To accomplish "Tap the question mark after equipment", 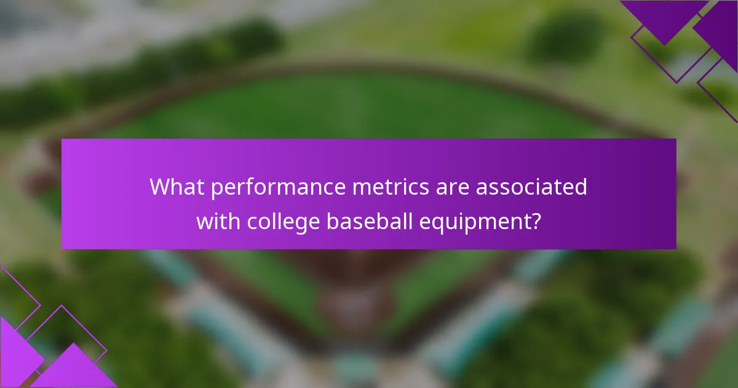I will pyautogui.click(x=536, y=221).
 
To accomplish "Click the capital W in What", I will pyautogui.click(x=159, y=187).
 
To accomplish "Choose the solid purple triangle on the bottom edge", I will pyautogui.click(x=74, y=370).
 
